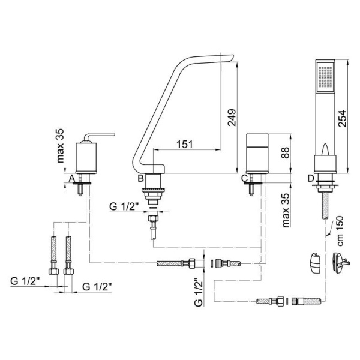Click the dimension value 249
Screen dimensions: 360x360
coord(232,118)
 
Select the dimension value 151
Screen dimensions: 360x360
coord(185,144)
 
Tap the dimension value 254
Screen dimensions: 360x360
coord(342,118)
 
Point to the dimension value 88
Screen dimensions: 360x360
coord(286,152)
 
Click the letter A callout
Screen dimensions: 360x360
coord(72,178)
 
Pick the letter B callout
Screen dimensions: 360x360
coord(140,178)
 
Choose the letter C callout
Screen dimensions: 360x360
coord(245,178)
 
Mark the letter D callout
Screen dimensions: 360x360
coord(311,178)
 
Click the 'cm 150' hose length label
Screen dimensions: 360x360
coord(340,231)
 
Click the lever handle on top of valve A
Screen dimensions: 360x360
coord(99,137)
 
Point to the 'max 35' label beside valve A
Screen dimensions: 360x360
coord(60,146)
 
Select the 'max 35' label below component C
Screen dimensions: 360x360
coord(286,210)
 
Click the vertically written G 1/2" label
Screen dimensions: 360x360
coord(199,292)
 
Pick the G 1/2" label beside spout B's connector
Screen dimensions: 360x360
coord(124,206)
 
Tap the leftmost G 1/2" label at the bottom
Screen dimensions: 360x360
coord(25,281)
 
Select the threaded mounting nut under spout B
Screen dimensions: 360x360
coord(154,190)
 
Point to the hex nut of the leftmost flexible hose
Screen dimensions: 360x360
coord(54,271)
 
